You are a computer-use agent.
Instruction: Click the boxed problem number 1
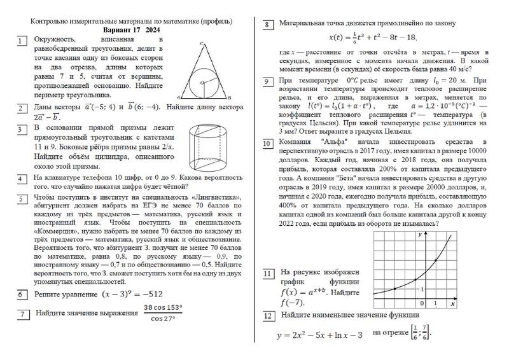22,42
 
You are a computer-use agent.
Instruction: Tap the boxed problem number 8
268,25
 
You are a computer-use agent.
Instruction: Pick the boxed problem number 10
268,144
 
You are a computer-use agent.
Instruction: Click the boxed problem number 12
268,316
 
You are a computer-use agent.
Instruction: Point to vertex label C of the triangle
201,44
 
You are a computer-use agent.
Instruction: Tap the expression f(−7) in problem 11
293,303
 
